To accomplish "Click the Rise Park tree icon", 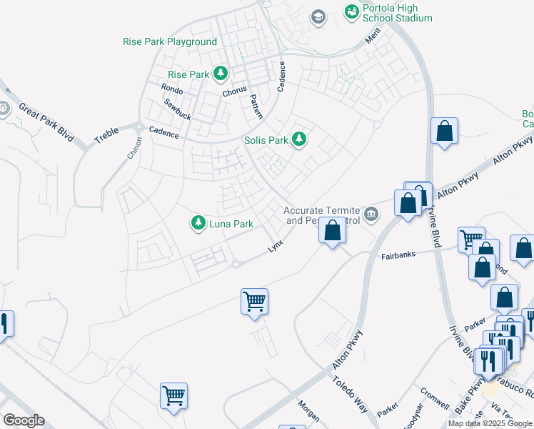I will (221, 74).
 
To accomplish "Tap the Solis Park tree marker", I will (301, 139).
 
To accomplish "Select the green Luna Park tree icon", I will (198, 223).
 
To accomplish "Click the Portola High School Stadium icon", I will (351, 11).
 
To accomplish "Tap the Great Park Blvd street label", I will (46, 122).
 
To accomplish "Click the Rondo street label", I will (172, 90).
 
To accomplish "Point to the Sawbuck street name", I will (177, 109).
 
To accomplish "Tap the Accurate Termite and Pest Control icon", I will (371, 214).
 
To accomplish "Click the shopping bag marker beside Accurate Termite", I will (332, 231).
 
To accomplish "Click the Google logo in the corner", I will (24, 420).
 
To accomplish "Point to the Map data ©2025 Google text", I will (490, 423).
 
